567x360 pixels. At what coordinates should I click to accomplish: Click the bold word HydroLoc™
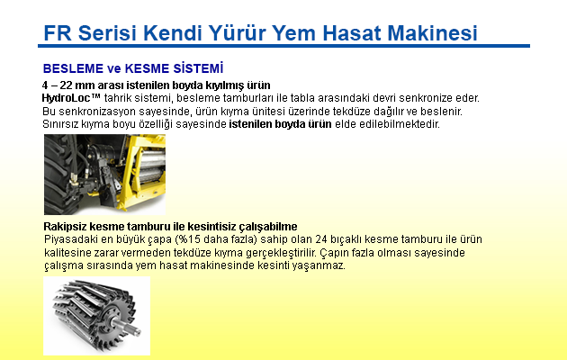point(71,98)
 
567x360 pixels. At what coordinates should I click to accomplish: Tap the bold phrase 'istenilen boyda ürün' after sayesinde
point(280,124)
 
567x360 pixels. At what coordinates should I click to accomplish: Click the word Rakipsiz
point(65,227)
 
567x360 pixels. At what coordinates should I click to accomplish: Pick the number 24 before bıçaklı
point(320,239)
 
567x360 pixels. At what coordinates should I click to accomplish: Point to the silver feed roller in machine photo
point(149,166)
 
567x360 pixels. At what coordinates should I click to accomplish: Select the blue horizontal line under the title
point(283,46)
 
